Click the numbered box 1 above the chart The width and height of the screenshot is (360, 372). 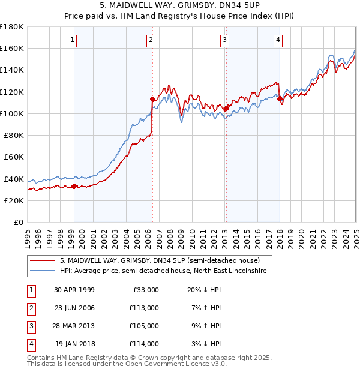72,40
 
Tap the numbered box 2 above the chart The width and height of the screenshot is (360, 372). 150,40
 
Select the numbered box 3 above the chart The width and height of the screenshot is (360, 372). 224,40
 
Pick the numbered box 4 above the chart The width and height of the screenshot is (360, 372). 278,40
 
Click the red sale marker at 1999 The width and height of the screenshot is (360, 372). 74,186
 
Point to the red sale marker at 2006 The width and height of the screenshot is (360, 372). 152,99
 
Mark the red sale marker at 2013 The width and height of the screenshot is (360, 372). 226,108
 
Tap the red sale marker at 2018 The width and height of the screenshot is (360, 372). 280,98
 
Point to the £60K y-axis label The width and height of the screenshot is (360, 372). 14,157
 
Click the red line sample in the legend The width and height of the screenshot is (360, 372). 43,261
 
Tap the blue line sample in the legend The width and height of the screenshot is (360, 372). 43,271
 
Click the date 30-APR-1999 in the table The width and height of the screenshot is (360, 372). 74,290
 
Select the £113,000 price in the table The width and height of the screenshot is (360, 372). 144,308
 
